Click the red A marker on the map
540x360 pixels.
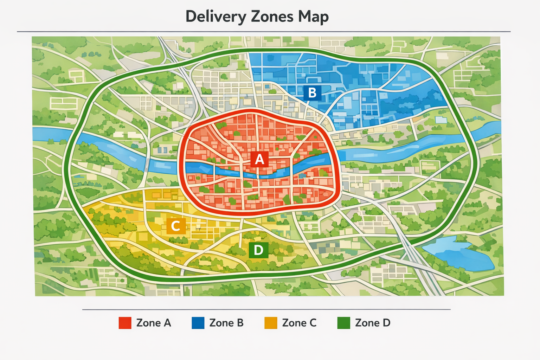pyautogui.click(x=259, y=159)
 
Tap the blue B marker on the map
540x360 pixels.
pyautogui.click(x=312, y=93)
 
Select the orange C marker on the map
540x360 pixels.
pyautogui.click(x=176, y=226)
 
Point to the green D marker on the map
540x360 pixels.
pyautogui.click(x=258, y=250)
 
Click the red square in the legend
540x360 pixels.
pyautogui.click(x=125, y=323)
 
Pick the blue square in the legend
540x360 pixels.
pyautogui.click(x=198, y=323)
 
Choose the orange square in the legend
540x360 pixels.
pyautogui.click(x=271, y=323)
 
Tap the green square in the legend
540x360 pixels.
pyautogui.click(x=343, y=323)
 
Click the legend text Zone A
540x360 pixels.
pyautogui.click(x=154, y=323)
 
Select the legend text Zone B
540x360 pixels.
pyautogui.click(x=226, y=323)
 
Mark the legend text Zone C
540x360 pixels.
pyautogui.click(x=299, y=323)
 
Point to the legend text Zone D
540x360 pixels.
pyautogui.click(x=373, y=323)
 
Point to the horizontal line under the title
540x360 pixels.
pyautogui.click(x=264, y=32)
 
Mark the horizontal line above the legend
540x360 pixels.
pyautogui.click(x=266, y=310)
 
